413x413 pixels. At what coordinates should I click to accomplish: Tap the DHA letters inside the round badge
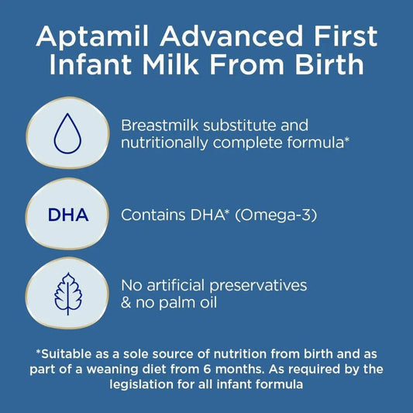pyautogui.click(x=66, y=215)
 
